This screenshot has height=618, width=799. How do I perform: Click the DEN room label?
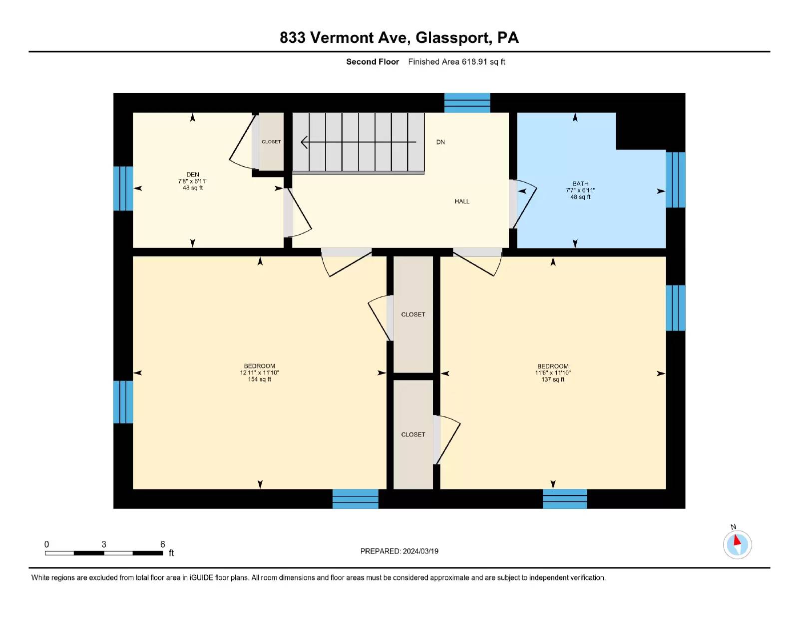coord(193,174)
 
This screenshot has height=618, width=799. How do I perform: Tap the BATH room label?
coord(580,183)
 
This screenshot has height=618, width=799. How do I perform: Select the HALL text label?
coord(462,201)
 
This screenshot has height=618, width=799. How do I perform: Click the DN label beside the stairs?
coord(440,142)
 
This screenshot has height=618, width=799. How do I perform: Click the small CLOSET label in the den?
coord(271,141)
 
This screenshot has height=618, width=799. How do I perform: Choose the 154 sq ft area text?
coord(260,379)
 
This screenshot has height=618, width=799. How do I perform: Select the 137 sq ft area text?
coord(553,379)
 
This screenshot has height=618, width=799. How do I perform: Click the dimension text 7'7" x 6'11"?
coord(580,190)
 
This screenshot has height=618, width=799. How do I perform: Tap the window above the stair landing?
coord(467,102)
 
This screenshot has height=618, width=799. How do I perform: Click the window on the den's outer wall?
coord(123,188)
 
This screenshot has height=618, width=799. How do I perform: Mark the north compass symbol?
coord(737,544)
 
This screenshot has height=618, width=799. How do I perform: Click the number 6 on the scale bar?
coord(162,544)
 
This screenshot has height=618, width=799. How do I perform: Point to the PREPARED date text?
coord(399,551)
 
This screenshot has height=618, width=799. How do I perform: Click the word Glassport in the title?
coord(453,37)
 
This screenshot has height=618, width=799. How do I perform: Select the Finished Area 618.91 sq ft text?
coord(456,62)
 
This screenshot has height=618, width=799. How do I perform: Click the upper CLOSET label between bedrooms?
coord(413,314)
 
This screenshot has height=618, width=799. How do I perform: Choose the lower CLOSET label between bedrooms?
coord(413,434)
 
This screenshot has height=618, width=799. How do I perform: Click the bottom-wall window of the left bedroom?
coord(355,498)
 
